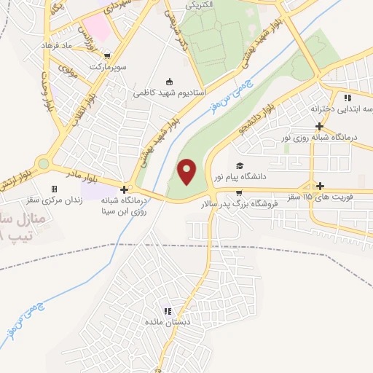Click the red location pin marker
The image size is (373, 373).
pyautogui.click(x=187, y=171)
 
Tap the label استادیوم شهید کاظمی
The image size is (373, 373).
pyautogui.click(x=170, y=93)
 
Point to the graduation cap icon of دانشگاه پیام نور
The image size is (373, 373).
pyautogui.click(x=239, y=166)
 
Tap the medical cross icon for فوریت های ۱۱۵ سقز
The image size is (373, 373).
pyautogui.click(x=320, y=186)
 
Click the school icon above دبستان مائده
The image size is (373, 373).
pyautogui.click(x=168, y=311)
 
